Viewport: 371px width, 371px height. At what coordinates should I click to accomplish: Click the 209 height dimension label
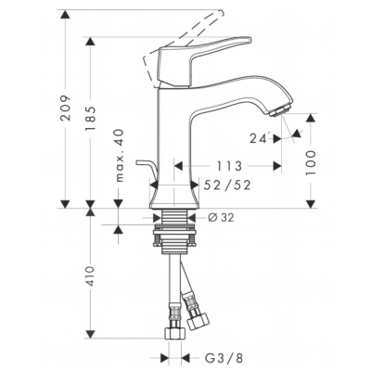click(66, 108)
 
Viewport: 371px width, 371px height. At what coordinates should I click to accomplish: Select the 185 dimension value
click(90, 119)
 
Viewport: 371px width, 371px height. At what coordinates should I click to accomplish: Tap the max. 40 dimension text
click(119, 155)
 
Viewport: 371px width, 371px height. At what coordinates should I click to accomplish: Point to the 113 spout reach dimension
click(228, 166)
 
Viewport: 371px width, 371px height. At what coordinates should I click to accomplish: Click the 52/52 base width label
click(227, 185)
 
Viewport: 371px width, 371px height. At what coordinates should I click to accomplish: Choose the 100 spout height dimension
click(311, 163)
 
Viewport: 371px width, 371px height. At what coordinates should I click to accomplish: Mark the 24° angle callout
click(260, 138)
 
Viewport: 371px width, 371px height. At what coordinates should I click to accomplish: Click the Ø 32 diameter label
click(221, 218)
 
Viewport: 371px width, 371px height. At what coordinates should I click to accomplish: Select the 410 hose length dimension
click(90, 276)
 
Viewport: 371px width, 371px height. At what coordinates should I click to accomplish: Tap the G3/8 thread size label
click(224, 358)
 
